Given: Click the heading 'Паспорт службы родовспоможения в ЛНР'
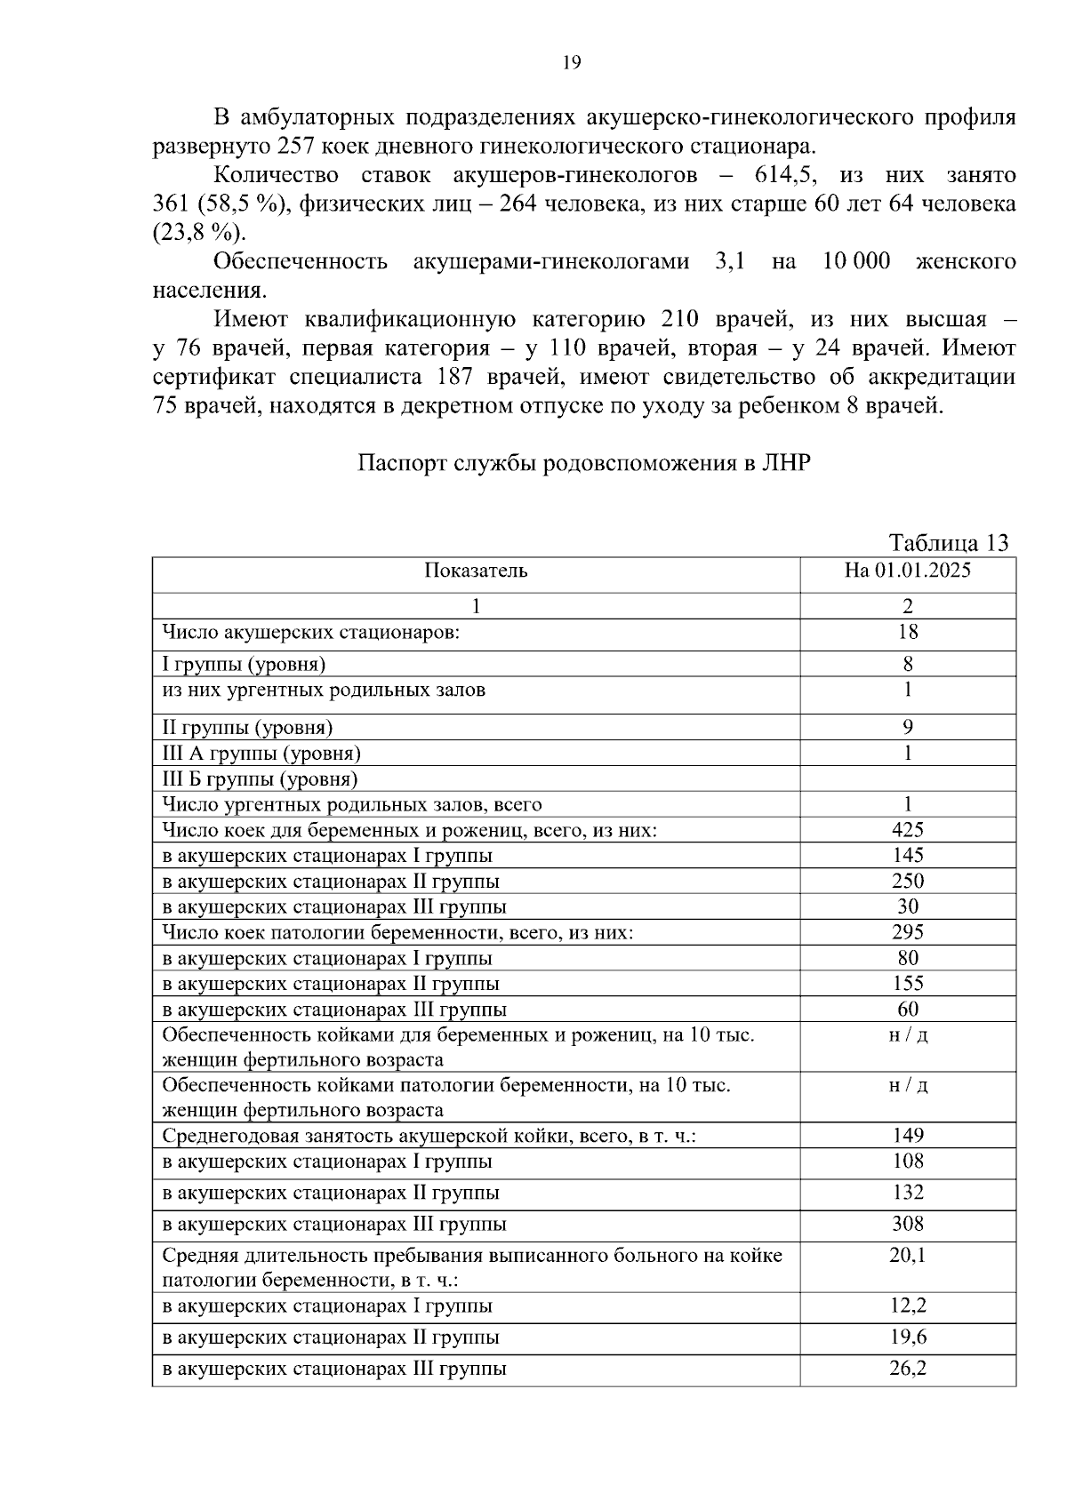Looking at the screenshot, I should [x=584, y=463].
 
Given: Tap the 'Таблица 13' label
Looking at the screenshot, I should [x=948, y=543].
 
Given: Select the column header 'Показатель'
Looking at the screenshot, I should [x=476, y=571].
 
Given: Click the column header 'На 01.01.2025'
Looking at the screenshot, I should [x=907, y=571].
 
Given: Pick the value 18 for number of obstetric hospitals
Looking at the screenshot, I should [x=907, y=632].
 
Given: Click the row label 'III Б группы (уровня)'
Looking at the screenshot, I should [x=260, y=779].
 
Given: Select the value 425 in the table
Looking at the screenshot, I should [x=907, y=830].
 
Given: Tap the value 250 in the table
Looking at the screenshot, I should [x=907, y=881].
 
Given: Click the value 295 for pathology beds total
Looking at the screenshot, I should [x=907, y=932].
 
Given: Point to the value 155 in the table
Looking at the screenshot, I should [x=907, y=983].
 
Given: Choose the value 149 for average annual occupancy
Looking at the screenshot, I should [x=907, y=1135].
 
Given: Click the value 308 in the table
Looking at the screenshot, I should [x=907, y=1224].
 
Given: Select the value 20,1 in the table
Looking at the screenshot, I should [x=907, y=1255].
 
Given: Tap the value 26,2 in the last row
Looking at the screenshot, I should [x=907, y=1369].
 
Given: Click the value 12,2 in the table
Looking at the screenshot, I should [x=907, y=1305].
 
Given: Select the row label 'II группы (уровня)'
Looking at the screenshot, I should [x=247, y=728].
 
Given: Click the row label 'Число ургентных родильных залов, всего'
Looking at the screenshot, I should [x=351, y=804].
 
